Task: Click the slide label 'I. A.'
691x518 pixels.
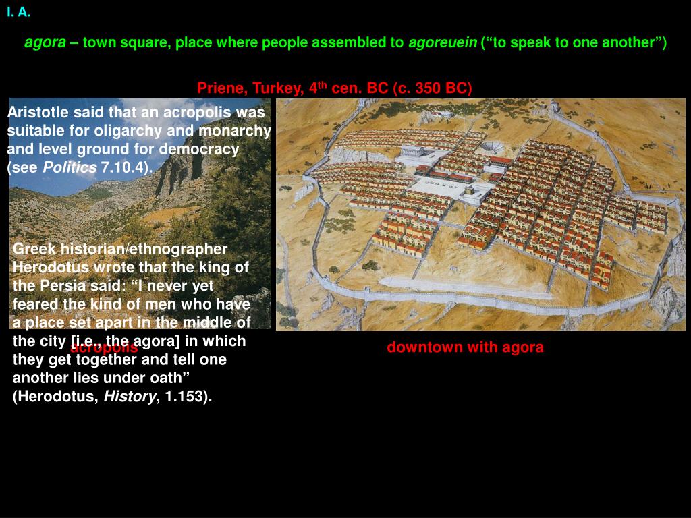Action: (19, 11)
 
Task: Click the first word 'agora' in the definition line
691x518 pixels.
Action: (45, 43)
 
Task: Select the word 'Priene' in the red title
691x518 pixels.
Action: (215, 88)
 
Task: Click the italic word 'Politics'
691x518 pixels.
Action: (70, 167)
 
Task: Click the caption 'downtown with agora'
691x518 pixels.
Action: (465, 347)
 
